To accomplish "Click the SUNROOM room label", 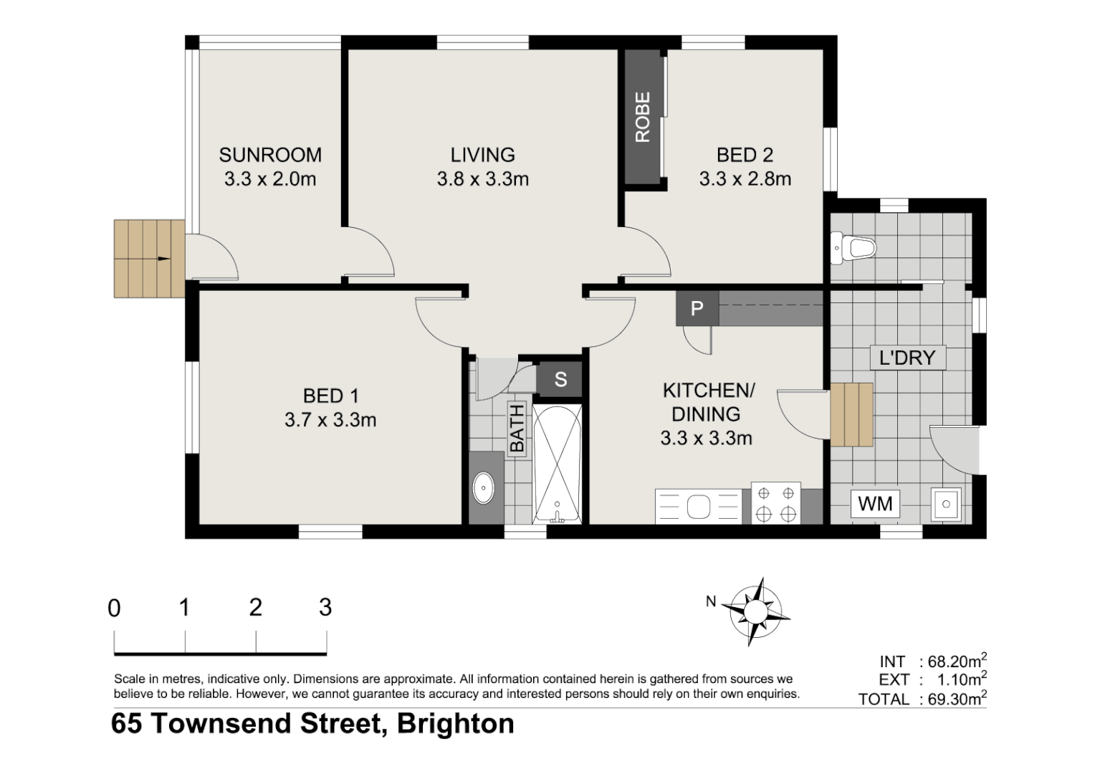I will pyautogui.click(x=270, y=155).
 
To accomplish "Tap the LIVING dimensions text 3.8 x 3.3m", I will pyautogui.click(x=482, y=179).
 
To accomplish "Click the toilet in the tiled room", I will pyautogui.click(x=854, y=249).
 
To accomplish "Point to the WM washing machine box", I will pyautogui.click(x=875, y=504).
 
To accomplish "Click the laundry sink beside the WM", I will pyautogui.click(x=946, y=504).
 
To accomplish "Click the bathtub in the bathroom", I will pyautogui.click(x=557, y=464).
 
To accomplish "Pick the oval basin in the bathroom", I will pyautogui.click(x=484, y=489).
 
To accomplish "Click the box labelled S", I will pyautogui.click(x=560, y=379).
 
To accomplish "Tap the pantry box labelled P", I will pyautogui.click(x=696, y=309).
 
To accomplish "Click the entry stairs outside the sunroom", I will pyautogui.click(x=149, y=259).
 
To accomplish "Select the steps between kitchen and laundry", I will pyautogui.click(x=851, y=415).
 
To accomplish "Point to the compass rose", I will pyautogui.click(x=755, y=611).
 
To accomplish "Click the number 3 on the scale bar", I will pyautogui.click(x=325, y=608).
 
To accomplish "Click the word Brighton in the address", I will pyautogui.click(x=456, y=724).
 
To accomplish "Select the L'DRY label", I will pyautogui.click(x=907, y=357).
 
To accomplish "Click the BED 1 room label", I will pyautogui.click(x=330, y=396).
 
